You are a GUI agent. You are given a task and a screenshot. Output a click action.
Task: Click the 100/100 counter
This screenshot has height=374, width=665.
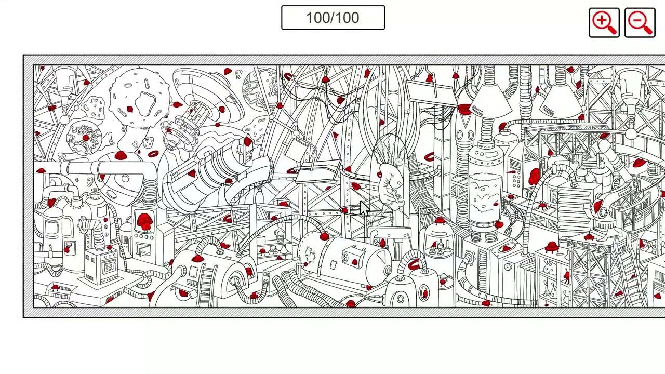click(333, 18)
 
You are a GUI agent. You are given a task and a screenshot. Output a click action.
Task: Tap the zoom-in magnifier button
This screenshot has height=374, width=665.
click(604, 23)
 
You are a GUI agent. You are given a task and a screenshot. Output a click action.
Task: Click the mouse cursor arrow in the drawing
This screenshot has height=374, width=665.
click(364, 209)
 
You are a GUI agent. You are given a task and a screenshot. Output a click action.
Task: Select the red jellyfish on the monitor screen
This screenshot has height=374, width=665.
click(144, 221)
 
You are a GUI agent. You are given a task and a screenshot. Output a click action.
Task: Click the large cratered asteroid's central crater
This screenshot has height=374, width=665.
click(145, 103)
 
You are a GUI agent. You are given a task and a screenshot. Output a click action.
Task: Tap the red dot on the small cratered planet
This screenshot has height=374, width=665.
click(86, 138)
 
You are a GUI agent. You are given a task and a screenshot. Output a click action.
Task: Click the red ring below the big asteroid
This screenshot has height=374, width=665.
click(153, 154)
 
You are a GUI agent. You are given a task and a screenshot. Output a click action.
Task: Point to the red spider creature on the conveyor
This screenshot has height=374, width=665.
click(542, 205)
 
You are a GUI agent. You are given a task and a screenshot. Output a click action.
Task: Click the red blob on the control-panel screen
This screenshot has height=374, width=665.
click(534, 177)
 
